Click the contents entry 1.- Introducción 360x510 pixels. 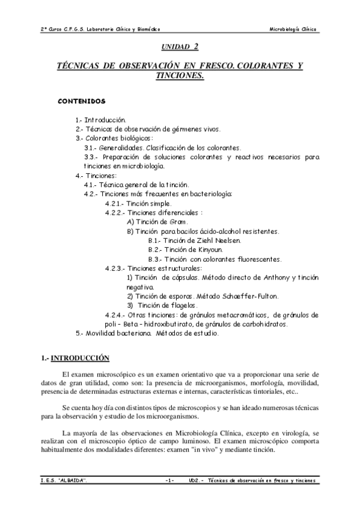point(100,120)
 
